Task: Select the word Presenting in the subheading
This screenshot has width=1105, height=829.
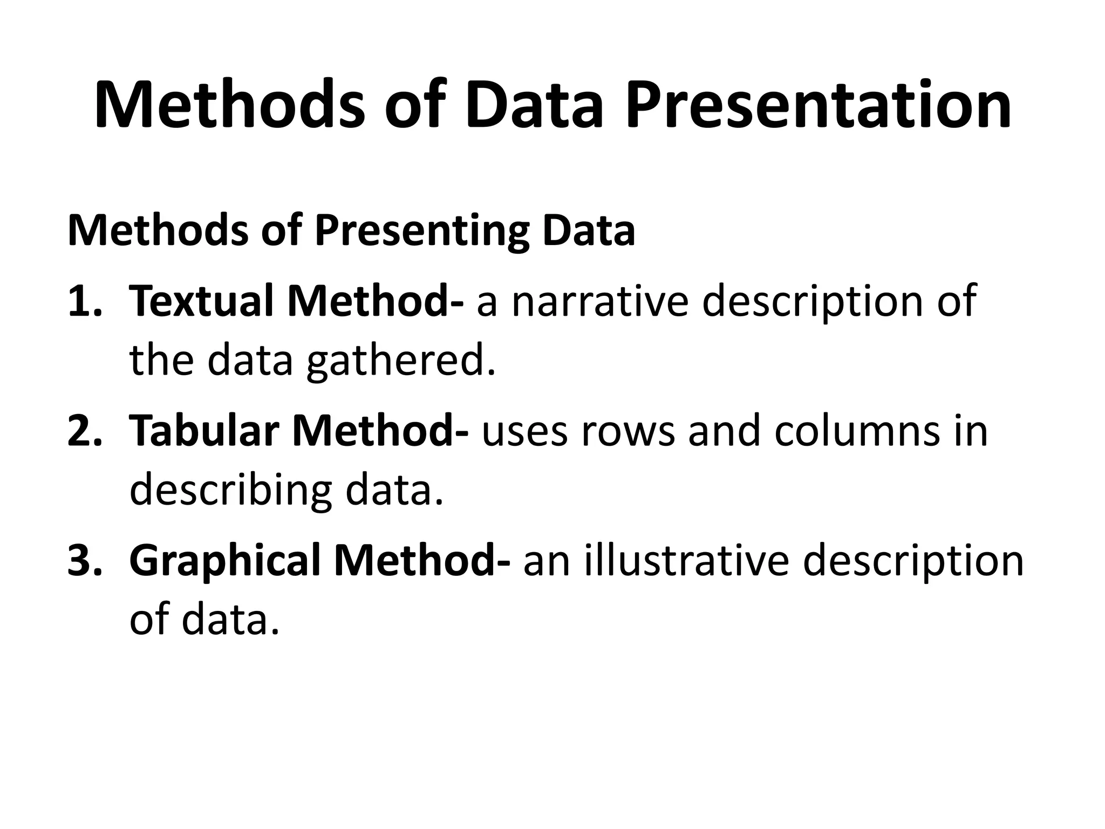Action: [x=420, y=231]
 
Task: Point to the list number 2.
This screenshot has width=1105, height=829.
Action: [x=84, y=430]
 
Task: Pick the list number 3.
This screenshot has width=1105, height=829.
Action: [x=84, y=560]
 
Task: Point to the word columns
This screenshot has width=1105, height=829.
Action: [x=857, y=430]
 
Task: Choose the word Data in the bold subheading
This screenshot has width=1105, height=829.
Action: [x=589, y=231]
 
